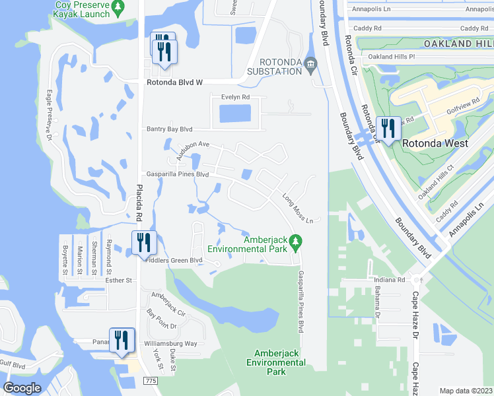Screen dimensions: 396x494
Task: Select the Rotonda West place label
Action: (435, 143)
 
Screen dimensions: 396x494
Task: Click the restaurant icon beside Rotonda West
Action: (388, 127)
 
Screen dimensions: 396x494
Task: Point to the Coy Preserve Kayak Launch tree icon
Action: (118, 9)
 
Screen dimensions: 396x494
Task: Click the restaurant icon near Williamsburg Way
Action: (122, 340)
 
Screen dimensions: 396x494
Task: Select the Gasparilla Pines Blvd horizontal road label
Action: (178, 174)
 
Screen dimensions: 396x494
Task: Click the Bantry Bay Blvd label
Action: (169, 129)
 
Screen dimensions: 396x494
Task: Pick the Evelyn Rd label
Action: (236, 96)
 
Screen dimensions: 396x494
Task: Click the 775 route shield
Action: (151, 381)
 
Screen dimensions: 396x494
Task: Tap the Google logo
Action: (22, 387)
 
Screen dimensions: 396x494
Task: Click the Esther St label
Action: (120, 280)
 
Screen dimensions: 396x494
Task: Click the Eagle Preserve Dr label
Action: (48, 114)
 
